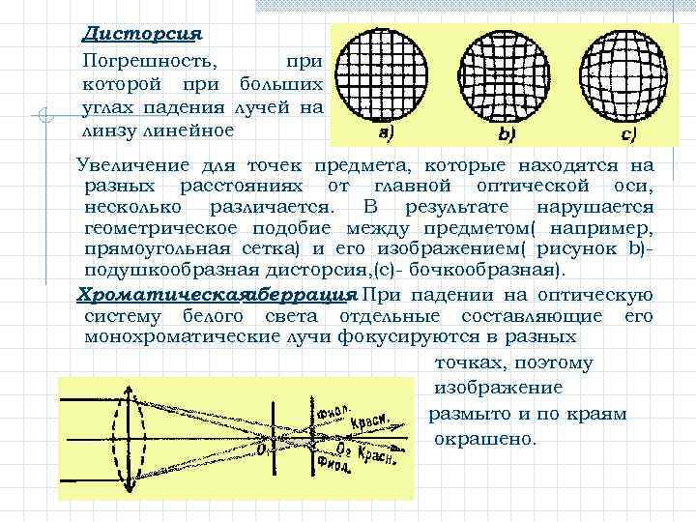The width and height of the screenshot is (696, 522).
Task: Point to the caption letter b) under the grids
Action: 507,132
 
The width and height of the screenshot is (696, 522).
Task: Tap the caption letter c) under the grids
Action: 627,132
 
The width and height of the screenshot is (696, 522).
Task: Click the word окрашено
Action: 485,438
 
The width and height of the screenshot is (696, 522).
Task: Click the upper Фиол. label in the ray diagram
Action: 331,413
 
